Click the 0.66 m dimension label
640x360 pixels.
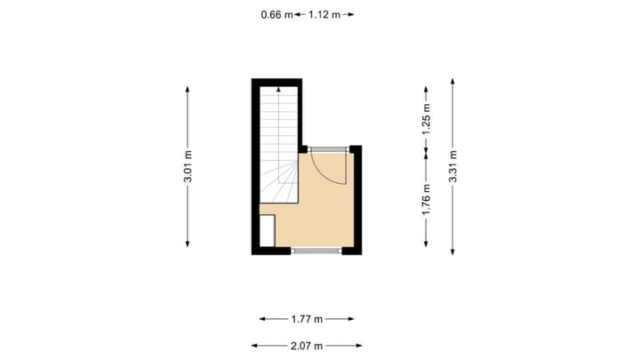[x=276, y=14]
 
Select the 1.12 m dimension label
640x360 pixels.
[x=324, y=14]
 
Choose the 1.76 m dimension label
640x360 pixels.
[x=427, y=200]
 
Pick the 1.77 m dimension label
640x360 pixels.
[x=307, y=318]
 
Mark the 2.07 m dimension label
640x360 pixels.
[x=307, y=346]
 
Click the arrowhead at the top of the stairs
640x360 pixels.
[x=280, y=88]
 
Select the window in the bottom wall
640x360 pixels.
[x=316, y=252]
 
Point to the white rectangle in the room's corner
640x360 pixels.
[x=267, y=230]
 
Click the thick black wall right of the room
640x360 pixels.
[x=356, y=200]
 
